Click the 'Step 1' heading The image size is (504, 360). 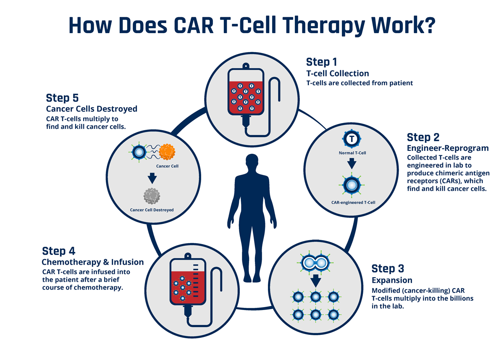point(321,62)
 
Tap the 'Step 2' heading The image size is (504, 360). point(423,137)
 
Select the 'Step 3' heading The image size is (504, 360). point(388,268)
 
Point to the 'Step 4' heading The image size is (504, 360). point(58,251)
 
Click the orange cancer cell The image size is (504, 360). point(167,152)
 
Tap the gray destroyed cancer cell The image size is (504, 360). point(152,196)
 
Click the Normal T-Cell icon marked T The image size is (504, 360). point(352,138)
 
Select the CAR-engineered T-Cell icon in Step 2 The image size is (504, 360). point(352,185)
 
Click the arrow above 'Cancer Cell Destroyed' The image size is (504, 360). point(152,179)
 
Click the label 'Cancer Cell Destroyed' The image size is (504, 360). point(152,210)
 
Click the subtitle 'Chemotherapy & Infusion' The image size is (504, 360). point(92,262)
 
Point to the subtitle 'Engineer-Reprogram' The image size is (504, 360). point(448,148)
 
